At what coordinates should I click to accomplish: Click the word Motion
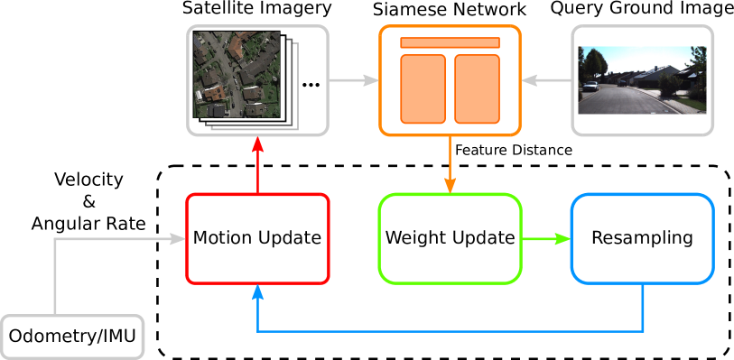click(x=222, y=238)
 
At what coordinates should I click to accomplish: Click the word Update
click(x=288, y=239)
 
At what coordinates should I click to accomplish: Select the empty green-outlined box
click(x=450, y=238)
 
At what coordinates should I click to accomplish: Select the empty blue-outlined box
click(x=642, y=238)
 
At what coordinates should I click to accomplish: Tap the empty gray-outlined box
click(x=72, y=337)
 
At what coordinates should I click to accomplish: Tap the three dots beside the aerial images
click(x=311, y=85)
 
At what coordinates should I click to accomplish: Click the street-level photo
click(x=642, y=79)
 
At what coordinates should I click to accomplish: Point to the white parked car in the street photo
click(x=590, y=87)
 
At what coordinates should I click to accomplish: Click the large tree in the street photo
click(x=596, y=65)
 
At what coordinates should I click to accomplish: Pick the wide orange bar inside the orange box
click(x=450, y=42)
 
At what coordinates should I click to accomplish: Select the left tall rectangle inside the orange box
click(x=423, y=88)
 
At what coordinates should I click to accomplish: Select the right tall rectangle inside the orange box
click(x=477, y=88)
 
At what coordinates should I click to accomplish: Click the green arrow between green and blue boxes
click(x=546, y=239)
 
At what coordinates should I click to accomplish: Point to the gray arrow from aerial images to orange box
click(x=352, y=81)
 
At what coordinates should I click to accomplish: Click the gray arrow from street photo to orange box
click(x=546, y=81)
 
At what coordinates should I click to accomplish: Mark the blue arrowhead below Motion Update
click(x=257, y=292)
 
